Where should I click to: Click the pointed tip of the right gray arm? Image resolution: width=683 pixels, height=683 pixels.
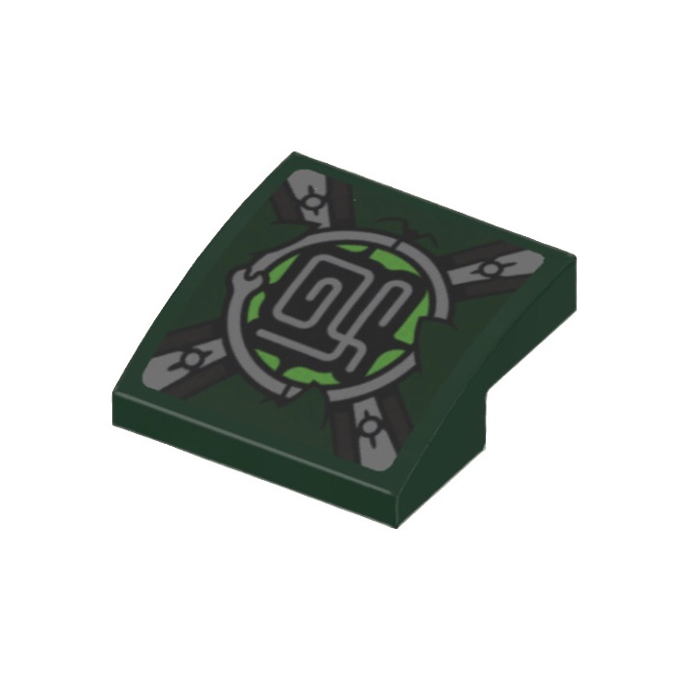[538, 256]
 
